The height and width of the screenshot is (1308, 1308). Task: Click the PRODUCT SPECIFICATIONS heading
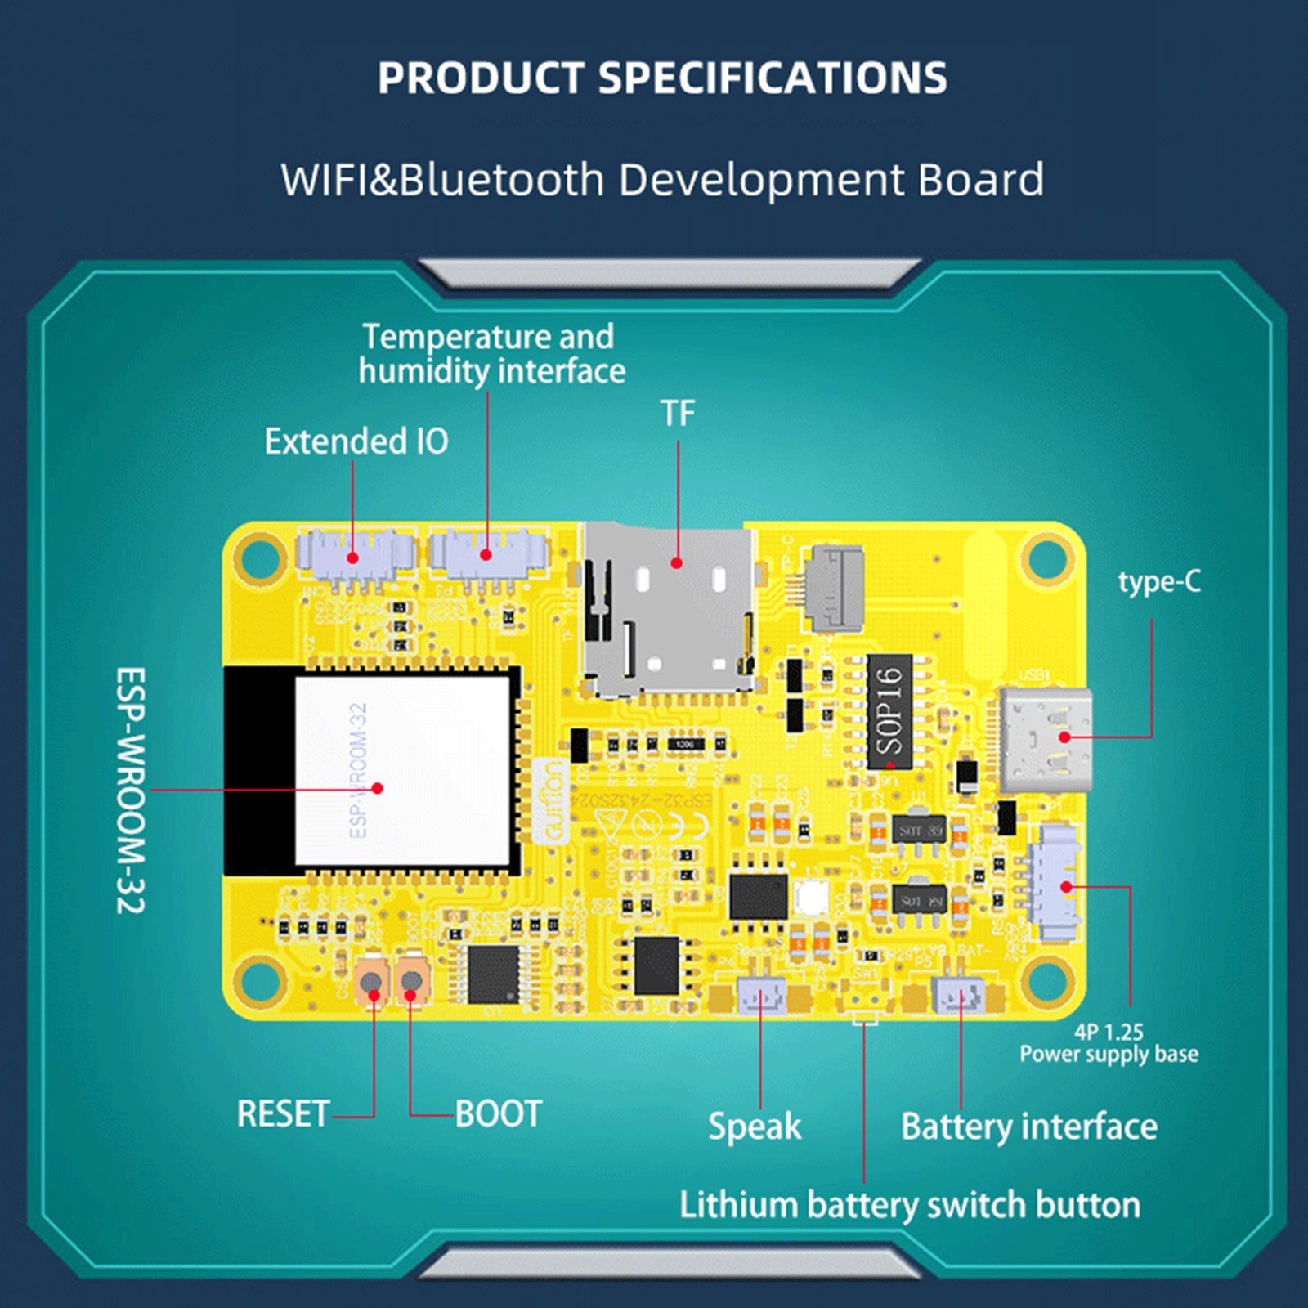click(662, 78)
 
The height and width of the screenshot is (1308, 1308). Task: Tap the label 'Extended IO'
click(356, 441)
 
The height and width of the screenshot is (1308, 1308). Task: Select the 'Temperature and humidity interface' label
click(490, 354)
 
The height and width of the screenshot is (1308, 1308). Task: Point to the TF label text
click(678, 414)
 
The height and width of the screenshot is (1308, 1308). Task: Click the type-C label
click(1159, 582)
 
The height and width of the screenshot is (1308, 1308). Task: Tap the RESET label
click(283, 1113)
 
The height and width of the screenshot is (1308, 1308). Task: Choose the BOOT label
click(499, 1113)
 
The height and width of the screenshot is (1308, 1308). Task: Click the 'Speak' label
click(755, 1127)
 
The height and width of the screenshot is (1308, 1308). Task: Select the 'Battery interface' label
click(1029, 1127)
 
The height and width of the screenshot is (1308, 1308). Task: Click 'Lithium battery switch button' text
click(910, 1205)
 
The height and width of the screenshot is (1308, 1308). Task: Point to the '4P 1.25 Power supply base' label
click(1109, 1043)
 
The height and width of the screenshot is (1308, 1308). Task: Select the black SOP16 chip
click(889, 711)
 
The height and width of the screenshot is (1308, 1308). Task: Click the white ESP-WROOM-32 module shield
click(402, 770)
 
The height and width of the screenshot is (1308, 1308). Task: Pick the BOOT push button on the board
click(413, 981)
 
